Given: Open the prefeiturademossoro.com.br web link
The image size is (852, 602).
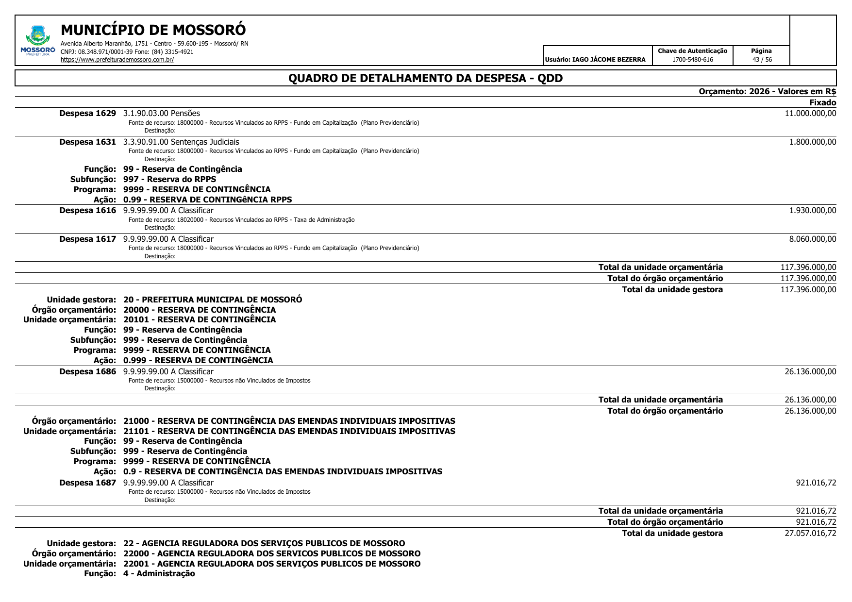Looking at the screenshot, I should click(x=117, y=60).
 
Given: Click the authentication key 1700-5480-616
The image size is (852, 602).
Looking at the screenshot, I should click(x=692, y=60).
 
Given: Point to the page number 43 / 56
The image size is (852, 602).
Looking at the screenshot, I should click(x=762, y=60).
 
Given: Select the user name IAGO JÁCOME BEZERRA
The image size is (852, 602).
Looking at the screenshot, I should click(x=609, y=60).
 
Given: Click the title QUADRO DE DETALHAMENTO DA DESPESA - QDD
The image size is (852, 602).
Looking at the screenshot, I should click(x=425, y=78).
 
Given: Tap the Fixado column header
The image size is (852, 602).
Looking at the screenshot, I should click(x=822, y=102).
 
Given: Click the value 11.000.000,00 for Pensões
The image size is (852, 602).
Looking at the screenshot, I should click(x=810, y=113).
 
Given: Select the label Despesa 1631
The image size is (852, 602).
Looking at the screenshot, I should click(x=87, y=142).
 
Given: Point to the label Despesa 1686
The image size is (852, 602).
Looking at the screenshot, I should click(x=87, y=371).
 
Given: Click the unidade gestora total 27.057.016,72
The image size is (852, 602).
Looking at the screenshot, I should click(x=810, y=533).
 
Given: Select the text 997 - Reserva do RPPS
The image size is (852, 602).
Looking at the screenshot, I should click(x=169, y=179).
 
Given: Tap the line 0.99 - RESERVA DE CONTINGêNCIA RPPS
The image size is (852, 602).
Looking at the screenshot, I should click(x=207, y=200).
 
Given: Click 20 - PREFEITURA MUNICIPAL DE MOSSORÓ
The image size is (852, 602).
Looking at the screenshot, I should click(x=213, y=300).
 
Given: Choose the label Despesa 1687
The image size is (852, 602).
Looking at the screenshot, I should click(x=87, y=483).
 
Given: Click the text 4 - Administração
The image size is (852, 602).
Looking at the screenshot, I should click(x=159, y=573).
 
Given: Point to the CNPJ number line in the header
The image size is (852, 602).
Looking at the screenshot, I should click(x=127, y=51).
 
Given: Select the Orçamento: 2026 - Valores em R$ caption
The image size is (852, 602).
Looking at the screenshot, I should click(x=767, y=91).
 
